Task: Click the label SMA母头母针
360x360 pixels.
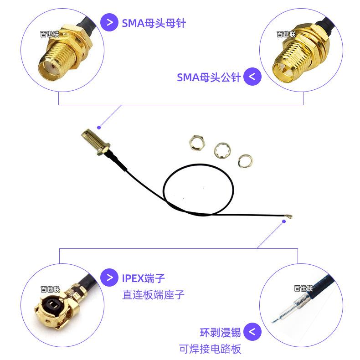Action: [x=154, y=23]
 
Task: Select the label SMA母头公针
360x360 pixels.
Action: [x=208, y=77]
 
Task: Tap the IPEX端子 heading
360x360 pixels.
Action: [x=143, y=277]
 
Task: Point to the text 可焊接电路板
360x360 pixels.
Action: [x=210, y=349]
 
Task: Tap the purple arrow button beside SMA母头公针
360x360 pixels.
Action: [x=252, y=77]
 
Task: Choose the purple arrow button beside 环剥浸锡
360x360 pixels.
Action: [x=252, y=331]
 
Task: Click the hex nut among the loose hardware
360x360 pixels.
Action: [x=196, y=143]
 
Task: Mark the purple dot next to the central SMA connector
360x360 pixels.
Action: [x=98, y=126]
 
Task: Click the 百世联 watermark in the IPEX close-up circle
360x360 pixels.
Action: [x=50, y=289]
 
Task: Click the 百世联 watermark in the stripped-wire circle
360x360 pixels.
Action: [x=303, y=288]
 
